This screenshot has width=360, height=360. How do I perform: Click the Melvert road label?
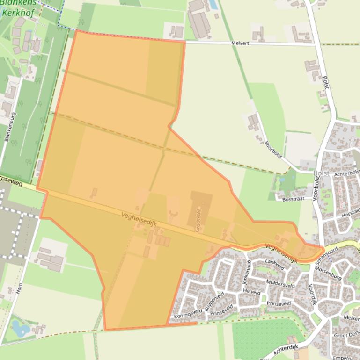[240, 43]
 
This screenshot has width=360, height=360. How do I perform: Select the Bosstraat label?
[294, 199]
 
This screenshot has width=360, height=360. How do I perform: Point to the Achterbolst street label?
[345, 173]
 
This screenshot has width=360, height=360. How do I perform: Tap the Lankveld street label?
[274, 265]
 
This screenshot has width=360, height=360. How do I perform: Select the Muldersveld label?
[280, 283]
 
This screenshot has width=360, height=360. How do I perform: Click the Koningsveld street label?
[188, 313]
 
